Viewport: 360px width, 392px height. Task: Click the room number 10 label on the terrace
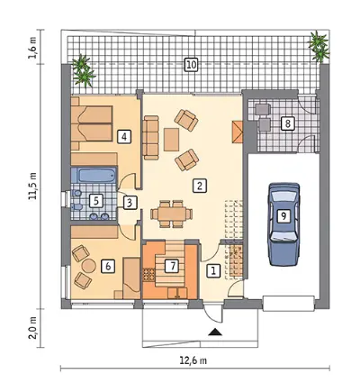pyautogui.click(x=191, y=65)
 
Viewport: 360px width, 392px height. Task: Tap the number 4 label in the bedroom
pyautogui.click(x=124, y=137)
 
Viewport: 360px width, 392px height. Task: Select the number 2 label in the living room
pyautogui.click(x=199, y=186)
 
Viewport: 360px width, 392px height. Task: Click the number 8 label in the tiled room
pyautogui.click(x=288, y=123)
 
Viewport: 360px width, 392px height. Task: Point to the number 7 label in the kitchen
pyautogui.click(x=172, y=266)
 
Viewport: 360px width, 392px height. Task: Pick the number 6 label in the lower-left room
pyautogui.click(x=108, y=266)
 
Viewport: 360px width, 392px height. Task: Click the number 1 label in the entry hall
pyautogui.click(x=213, y=271)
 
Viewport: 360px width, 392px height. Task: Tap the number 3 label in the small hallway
pyautogui.click(x=130, y=203)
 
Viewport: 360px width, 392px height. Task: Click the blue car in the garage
pyautogui.click(x=284, y=224)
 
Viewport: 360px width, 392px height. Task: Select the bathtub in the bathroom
pyautogui.click(x=94, y=175)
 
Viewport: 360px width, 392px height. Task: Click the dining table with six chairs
pyautogui.click(x=172, y=214)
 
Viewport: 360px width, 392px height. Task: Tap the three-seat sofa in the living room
pyautogui.click(x=150, y=137)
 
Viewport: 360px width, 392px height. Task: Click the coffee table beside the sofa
pyautogui.click(x=171, y=140)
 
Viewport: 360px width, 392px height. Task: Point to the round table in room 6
pyautogui.click(x=89, y=266)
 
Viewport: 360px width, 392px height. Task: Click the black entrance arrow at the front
pyautogui.click(x=215, y=332)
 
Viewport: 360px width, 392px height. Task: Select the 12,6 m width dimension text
pyautogui.click(x=193, y=360)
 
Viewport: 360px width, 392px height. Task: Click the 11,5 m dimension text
pyautogui.click(x=32, y=187)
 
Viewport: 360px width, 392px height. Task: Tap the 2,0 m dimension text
pyautogui.click(x=32, y=328)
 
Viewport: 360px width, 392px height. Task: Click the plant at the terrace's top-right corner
pyautogui.click(x=319, y=46)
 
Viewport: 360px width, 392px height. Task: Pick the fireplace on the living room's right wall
pyautogui.click(x=238, y=132)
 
